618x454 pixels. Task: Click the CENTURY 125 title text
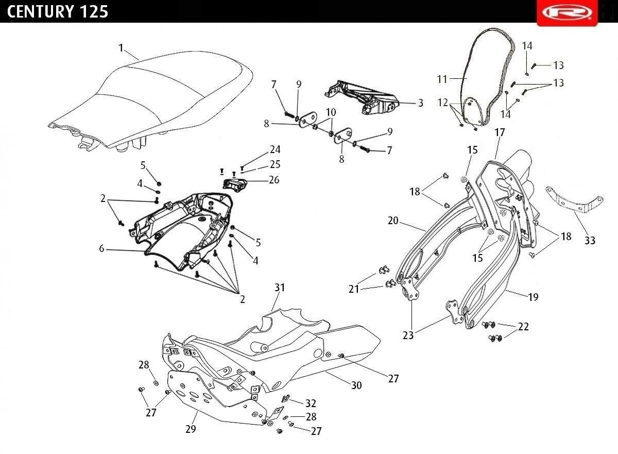coord(57,12)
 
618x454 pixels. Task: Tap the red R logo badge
coord(567,13)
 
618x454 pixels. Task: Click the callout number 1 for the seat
coord(121,48)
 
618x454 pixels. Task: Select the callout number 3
coord(420,103)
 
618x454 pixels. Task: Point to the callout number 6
coord(102,249)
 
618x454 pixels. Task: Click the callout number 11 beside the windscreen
coord(442,79)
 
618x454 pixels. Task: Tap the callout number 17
coord(500,132)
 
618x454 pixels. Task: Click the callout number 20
coord(393,221)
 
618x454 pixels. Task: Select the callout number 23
coord(408,335)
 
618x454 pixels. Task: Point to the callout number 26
coord(274,180)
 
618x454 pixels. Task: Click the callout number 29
coord(191,429)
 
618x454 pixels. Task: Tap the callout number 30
coord(356,385)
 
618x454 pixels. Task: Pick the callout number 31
coord(280,288)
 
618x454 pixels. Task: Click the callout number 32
coord(311,403)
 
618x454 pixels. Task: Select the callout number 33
coord(590,241)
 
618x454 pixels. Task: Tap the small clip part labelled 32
coord(285,398)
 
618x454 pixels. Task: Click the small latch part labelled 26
coord(234,183)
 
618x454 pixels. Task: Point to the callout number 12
coord(442,103)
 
